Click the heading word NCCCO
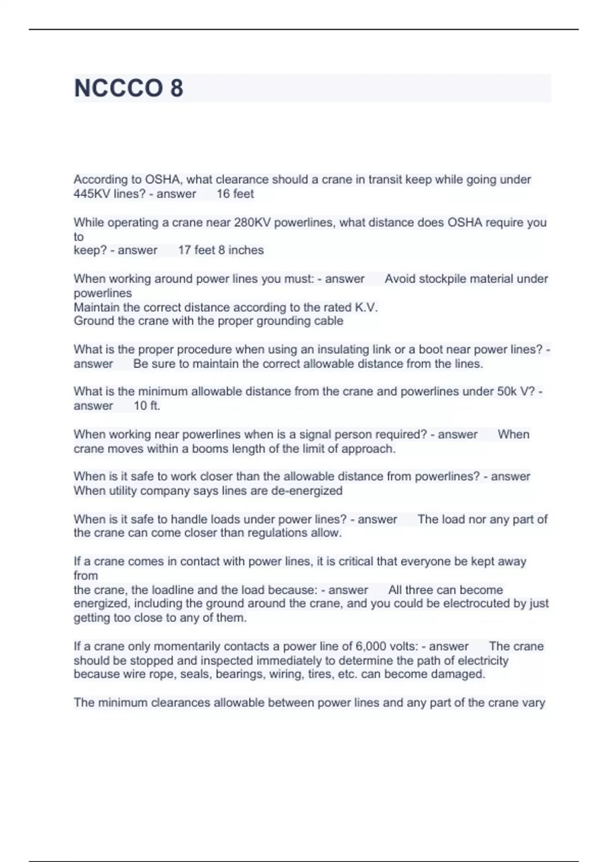[118, 88]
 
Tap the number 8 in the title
[176, 88]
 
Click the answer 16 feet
[235, 194]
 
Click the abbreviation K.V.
[365, 307]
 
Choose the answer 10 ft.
[147, 406]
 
